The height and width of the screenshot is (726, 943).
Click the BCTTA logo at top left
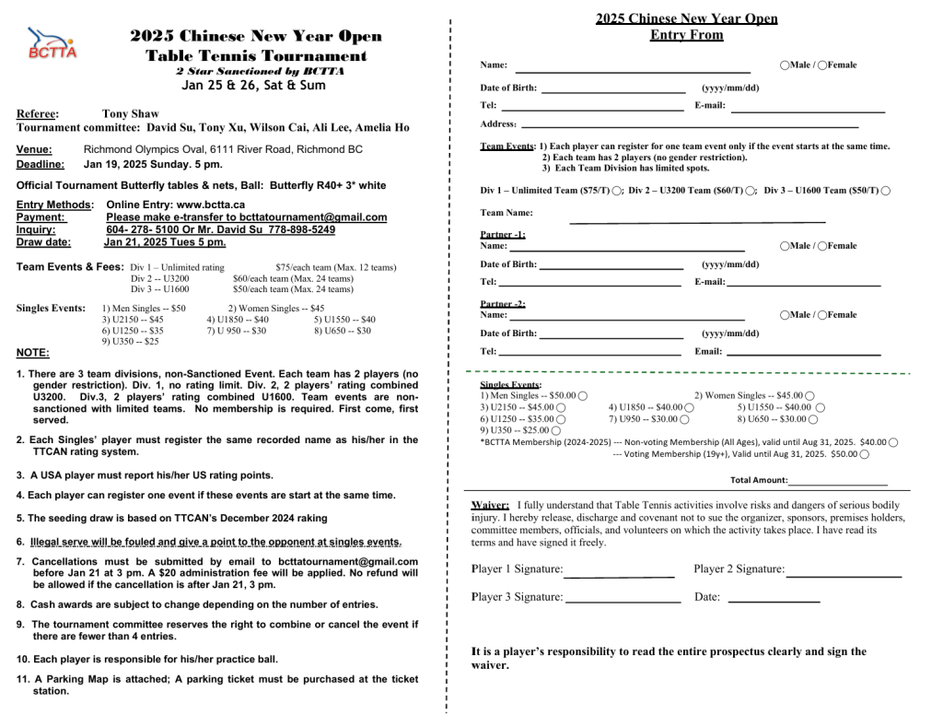pyautogui.click(x=51, y=43)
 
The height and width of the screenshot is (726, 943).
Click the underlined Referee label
pyautogui.click(x=38, y=114)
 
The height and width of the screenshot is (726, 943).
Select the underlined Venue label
pyautogui.click(x=34, y=149)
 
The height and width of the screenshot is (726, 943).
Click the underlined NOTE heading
pyautogui.click(x=32, y=352)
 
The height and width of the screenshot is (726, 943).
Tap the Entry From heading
pyautogui.click(x=686, y=35)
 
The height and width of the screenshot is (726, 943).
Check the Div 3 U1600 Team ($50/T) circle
pyautogui.click(x=885, y=191)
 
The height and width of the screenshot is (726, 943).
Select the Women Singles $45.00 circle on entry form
pyautogui.click(x=809, y=395)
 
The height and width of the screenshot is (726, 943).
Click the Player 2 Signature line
pyautogui.click(x=844, y=575)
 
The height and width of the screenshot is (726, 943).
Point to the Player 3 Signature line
pyautogui.click(x=622, y=601)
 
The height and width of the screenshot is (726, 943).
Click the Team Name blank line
pyautogui.click(x=697, y=221)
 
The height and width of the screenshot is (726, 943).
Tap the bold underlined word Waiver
pyautogui.click(x=490, y=505)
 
